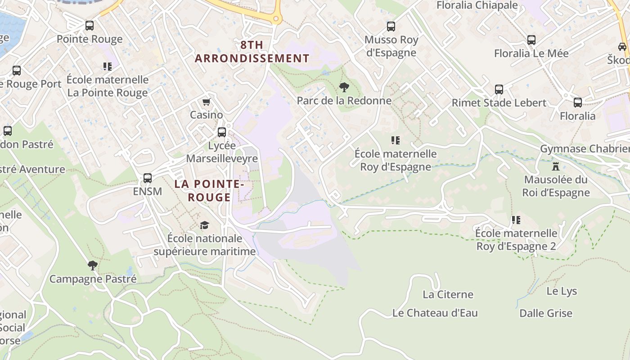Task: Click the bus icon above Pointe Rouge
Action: click(x=90, y=26)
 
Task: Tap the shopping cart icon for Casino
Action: click(x=206, y=102)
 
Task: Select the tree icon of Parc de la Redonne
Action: click(x=344, y=87)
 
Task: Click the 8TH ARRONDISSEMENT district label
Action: click(x=252, y=52)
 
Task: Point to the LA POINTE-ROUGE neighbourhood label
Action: click(x=209, y=190)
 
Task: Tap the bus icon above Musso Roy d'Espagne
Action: click(x=391, y=27)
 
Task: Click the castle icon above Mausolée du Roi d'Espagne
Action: click(x=556, y=166)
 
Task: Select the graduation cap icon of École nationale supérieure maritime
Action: click(x=205, y=225)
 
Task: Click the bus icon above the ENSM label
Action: click(x=148, y=178)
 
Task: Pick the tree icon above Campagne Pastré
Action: click(x=93, y=265)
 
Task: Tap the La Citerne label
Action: click(x=448, y=295)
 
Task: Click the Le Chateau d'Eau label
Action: click(x=435, y=313)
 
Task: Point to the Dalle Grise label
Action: click(x=545, y=313)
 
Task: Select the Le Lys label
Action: click(x=562, y=291)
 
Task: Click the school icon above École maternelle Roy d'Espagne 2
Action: click(x=516, y=220)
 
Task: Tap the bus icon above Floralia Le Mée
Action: click(x=531, y=40)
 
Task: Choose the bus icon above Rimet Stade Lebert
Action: click(x=499, y=89)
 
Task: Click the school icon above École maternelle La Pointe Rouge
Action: click(x=108, y=67)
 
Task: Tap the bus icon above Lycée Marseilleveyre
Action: click(x=222, y=132)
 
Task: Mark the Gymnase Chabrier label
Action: click(x=585, y=149)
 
